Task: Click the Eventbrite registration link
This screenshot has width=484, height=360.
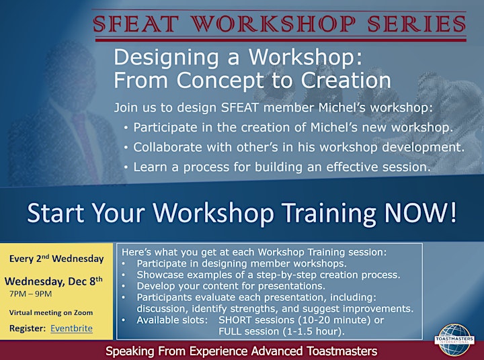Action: click(x=71, y=328)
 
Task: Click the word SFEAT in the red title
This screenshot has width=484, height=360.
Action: click(x=136, y=24)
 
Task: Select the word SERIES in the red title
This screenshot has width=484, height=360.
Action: click(x=417, y=24)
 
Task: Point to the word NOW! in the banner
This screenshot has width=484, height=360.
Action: click(x=420, y=212)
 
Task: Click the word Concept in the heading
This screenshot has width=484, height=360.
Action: click(x=220, y=80)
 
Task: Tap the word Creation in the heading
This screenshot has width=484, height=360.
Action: click(x=346, y=80)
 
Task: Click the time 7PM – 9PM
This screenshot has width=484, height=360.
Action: click(x=30, y=294)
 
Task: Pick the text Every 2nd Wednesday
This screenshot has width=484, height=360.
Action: click(x=56, y=258)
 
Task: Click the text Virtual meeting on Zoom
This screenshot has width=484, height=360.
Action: click(x=51, y=312)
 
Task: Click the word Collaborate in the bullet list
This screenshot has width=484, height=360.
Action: click(x=167, y=147)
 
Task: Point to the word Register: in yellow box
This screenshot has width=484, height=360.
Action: click(x=28, y=328)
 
